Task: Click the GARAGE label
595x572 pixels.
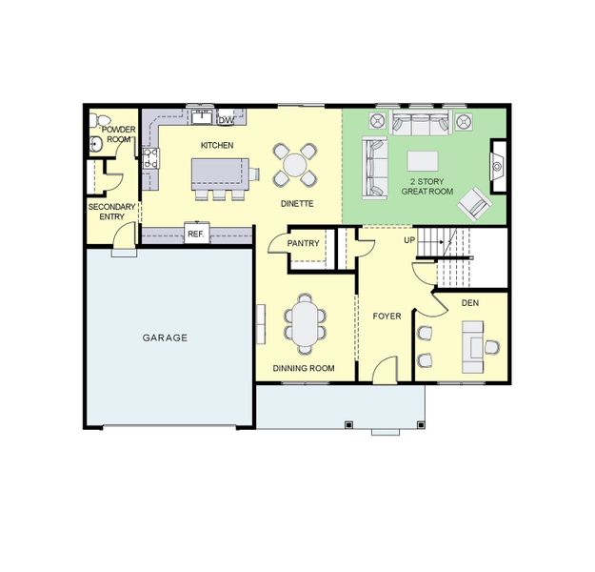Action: tap(165, 337)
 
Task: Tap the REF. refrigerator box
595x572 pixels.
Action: tap(196, 233)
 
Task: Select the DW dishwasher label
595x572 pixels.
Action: tap(226, 120)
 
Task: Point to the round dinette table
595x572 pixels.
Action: tap(295, 165)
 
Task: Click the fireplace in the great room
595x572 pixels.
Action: tap(498, 167)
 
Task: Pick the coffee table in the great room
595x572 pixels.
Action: tap(423, 161)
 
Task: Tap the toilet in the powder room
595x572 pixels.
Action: tap(98, 120)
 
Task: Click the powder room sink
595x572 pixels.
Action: tap(95, 145)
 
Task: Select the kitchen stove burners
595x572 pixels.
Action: tap(150, 158)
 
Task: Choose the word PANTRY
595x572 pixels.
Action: tap(303, 243)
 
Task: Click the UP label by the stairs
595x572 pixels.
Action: tap(409, 240)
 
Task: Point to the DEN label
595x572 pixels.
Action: tap(469, 303)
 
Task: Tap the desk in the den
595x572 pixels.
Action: tap(473, 347)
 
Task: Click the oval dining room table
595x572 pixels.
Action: tap(305, 324)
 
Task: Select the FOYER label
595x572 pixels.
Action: tap(387, 317)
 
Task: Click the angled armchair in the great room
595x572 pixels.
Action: tap(475, 204)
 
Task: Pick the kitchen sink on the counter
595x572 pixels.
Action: tap(202, 117)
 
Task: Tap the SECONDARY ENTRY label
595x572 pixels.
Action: tap(112, 212)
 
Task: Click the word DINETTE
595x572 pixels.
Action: tap(297, 204)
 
